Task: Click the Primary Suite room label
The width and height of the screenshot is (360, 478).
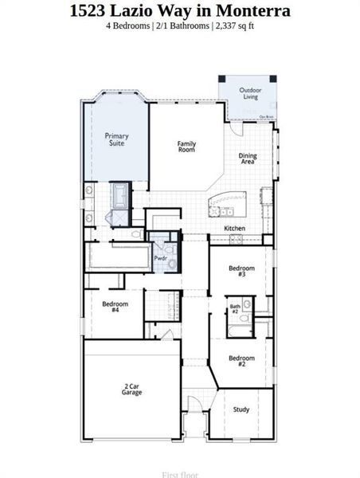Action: [117, 139]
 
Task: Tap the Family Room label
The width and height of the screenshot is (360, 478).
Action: [186, 147]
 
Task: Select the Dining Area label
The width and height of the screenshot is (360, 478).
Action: [248, 159]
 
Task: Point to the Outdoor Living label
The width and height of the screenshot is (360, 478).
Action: [251, 94]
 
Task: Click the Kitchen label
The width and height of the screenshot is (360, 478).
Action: [234, 229]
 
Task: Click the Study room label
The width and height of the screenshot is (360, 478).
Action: [241, 409]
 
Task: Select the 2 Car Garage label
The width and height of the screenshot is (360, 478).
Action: [132, 390]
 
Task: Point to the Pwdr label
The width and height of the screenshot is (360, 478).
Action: [160, 258]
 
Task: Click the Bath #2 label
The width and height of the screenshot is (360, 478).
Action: [235, 308]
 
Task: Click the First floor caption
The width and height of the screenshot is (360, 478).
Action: [179, 475]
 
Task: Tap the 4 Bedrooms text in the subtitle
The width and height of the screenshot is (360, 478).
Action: [130, 26]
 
